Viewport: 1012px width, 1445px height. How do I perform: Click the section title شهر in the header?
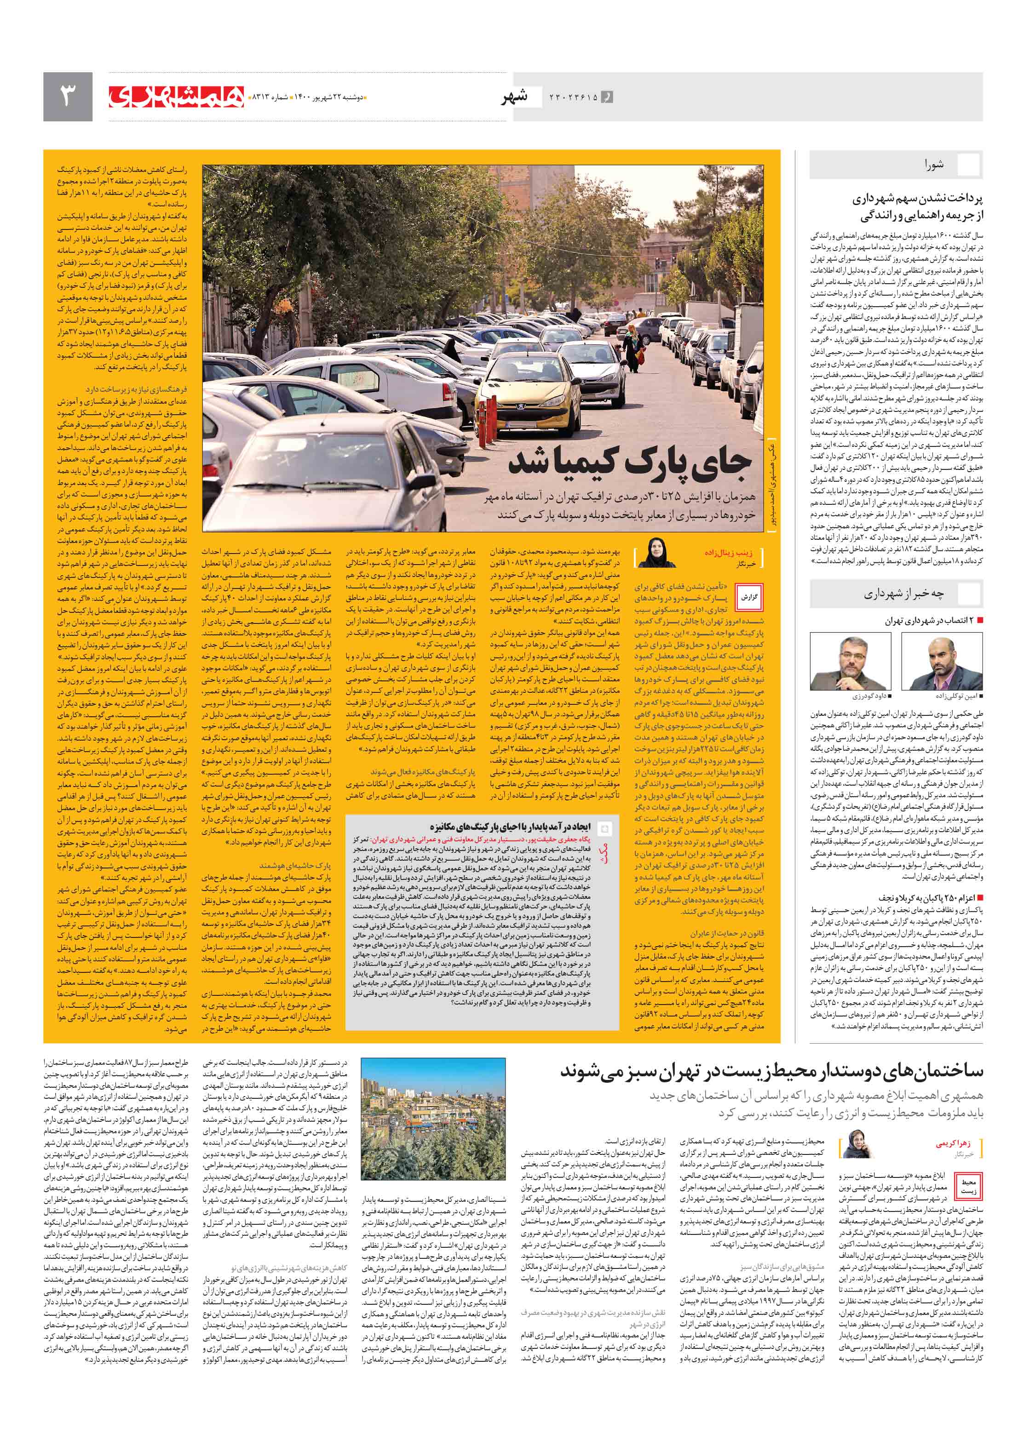coord(513,97)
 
